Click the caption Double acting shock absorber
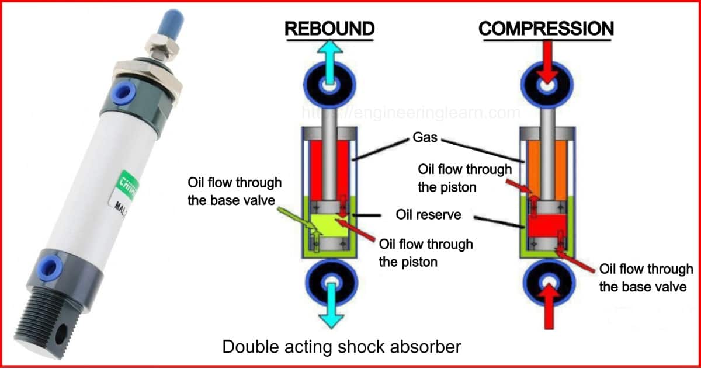(342, 347)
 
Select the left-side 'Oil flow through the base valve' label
(234, 192)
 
